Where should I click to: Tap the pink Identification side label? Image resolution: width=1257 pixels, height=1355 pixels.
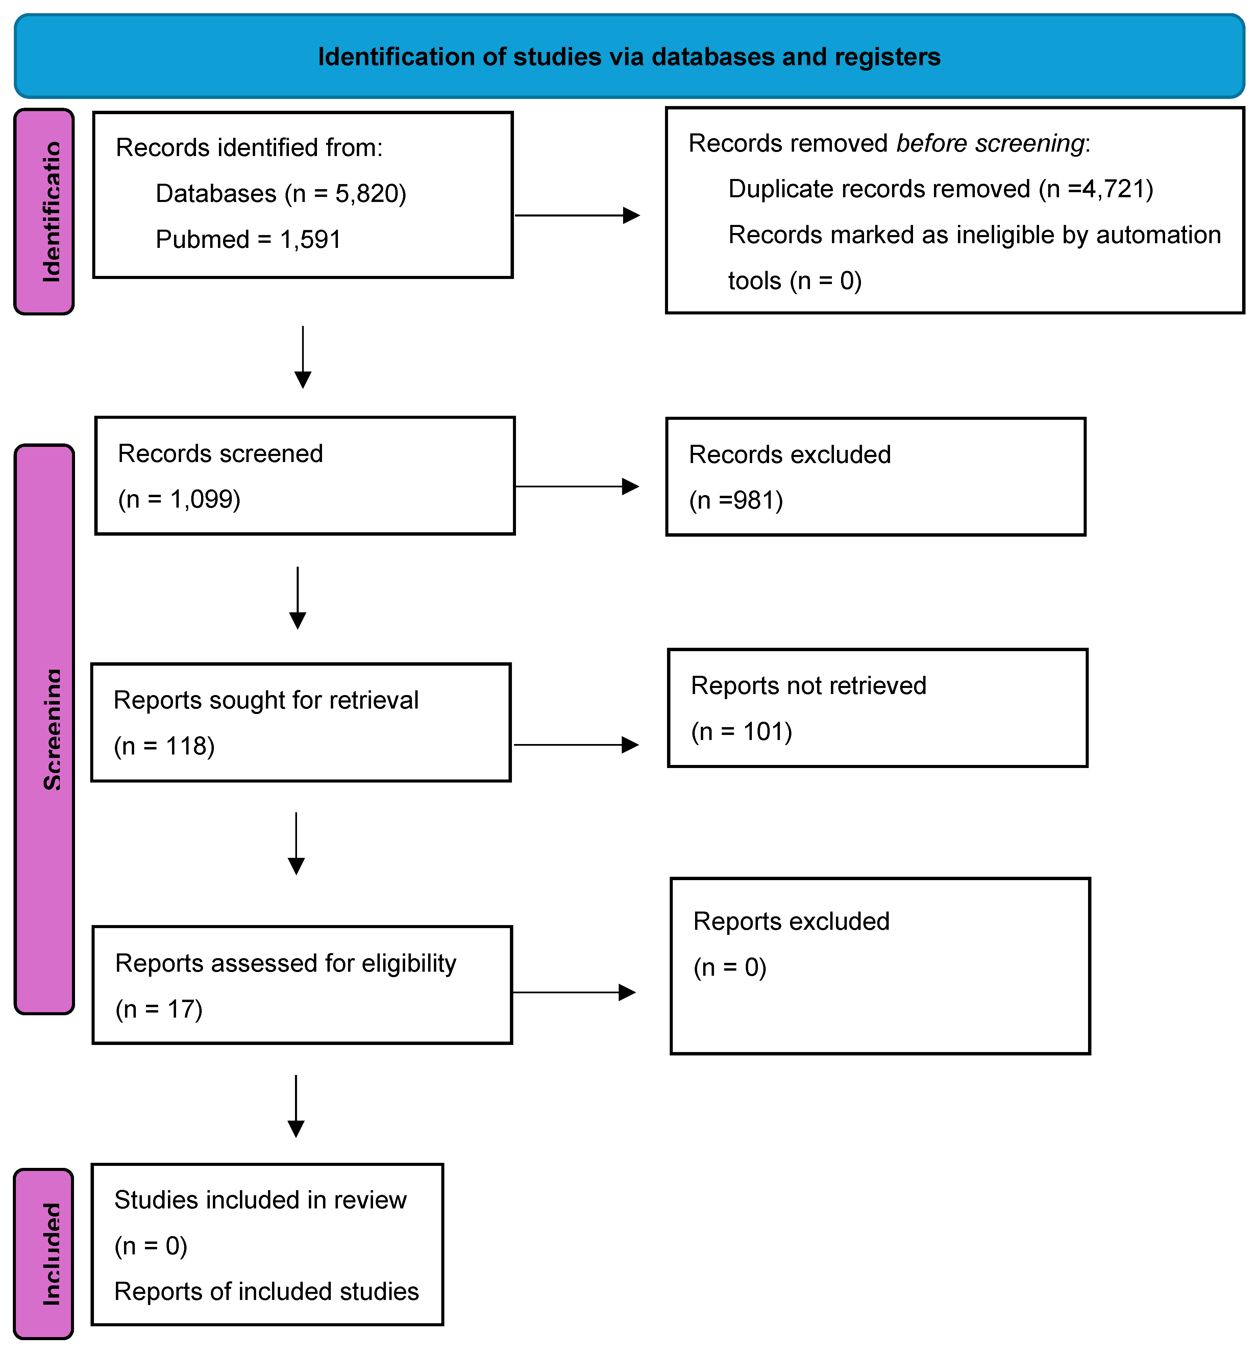point(44,211)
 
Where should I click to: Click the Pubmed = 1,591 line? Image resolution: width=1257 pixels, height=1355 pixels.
point(248,239)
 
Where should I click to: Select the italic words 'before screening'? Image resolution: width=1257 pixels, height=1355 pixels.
point(990,144)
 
